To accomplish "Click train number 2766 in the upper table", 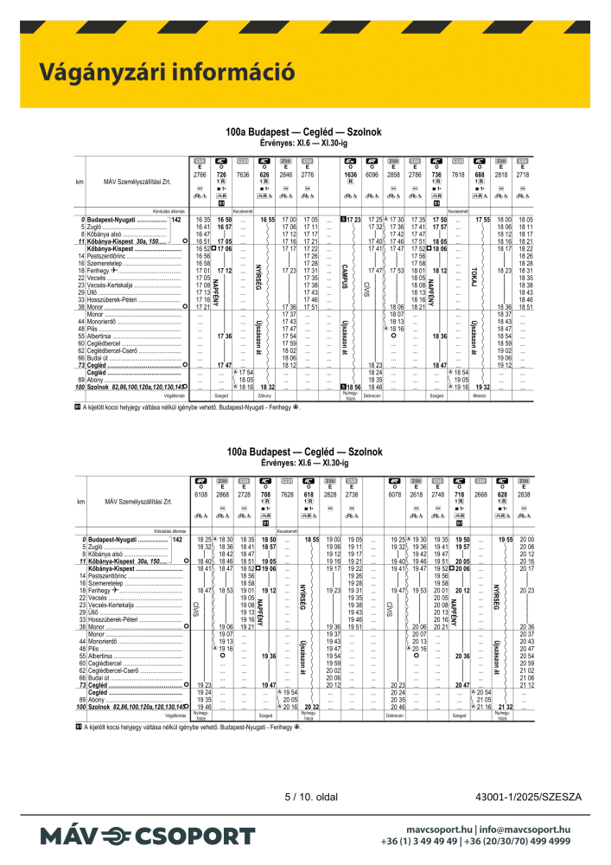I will (200, 175).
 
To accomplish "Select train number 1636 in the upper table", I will (350, 175).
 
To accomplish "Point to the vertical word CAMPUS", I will (345, 276).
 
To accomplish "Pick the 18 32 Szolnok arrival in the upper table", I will (267, 387).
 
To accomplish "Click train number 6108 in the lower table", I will (201, 494).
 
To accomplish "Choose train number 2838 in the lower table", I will (524, 494).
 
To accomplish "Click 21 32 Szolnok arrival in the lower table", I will (506, 707).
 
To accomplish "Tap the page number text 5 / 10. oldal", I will (309, 796).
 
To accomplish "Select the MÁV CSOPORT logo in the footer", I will (147, 836).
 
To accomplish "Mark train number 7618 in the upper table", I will (459, 175).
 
